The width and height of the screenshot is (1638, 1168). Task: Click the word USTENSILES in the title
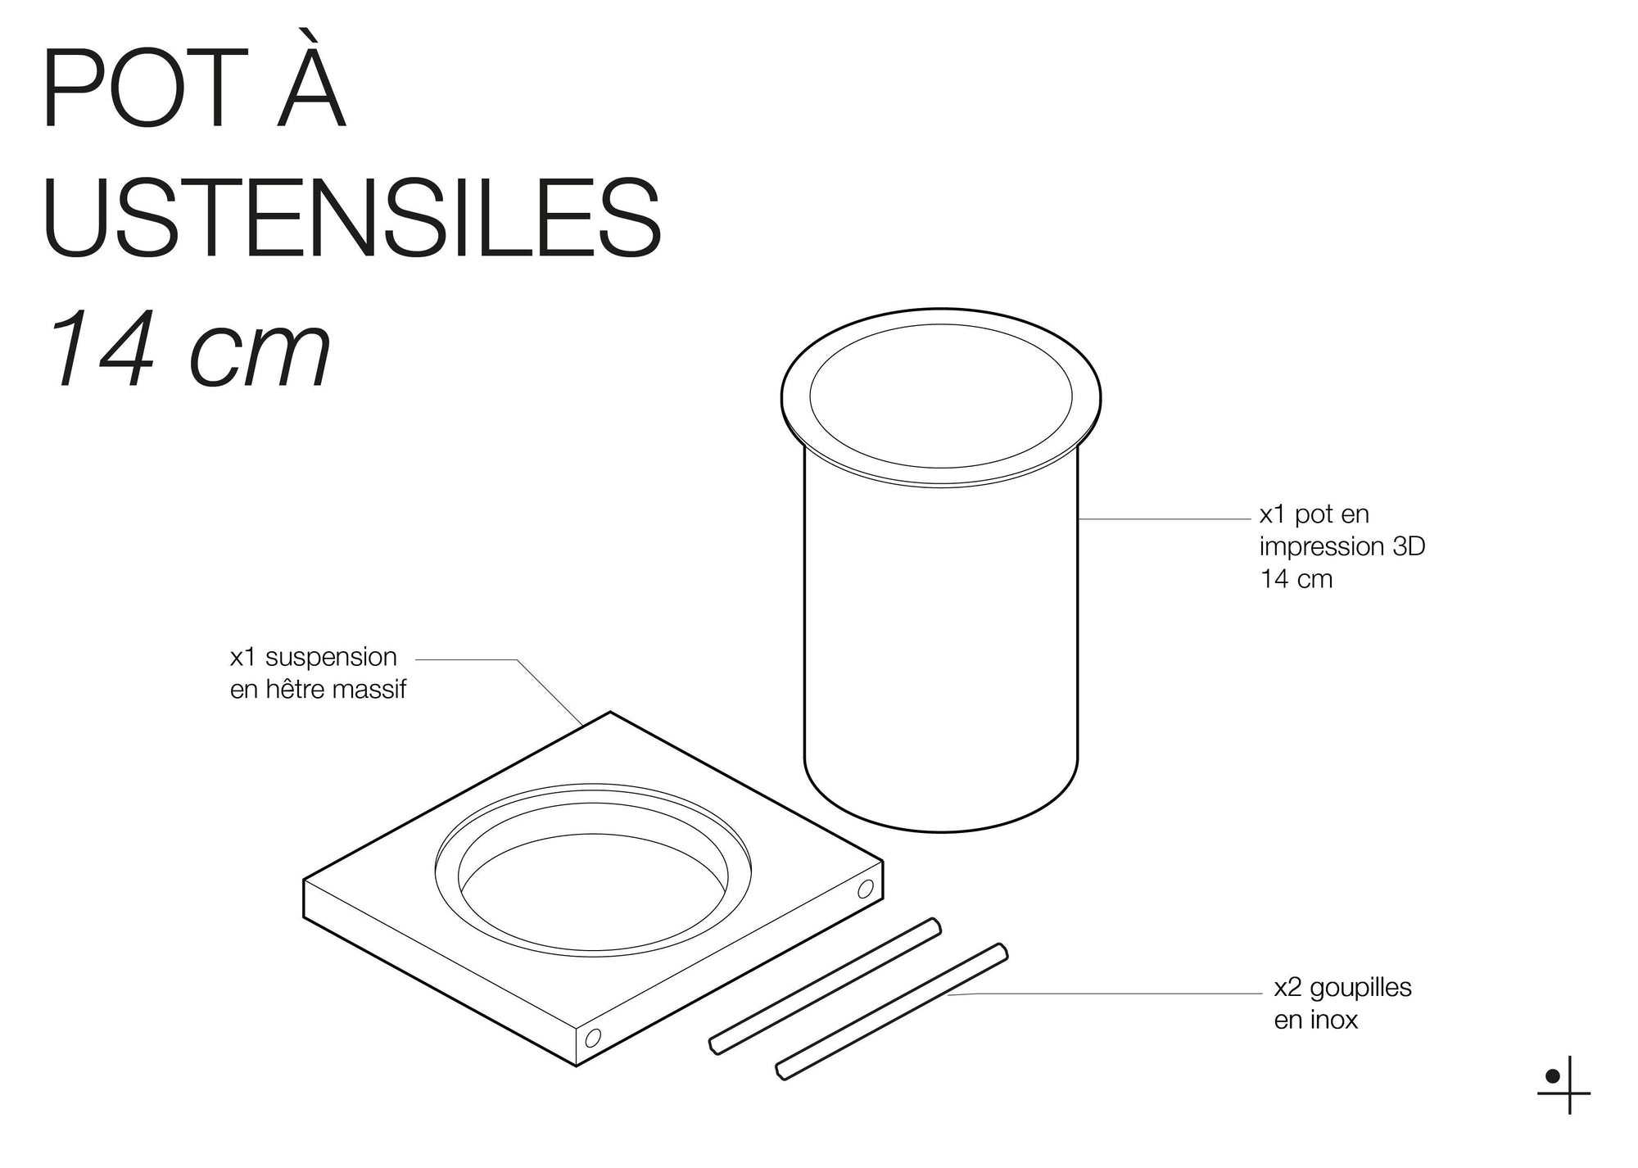click(352, 217)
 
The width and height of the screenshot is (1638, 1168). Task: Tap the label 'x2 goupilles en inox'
click(1342, 1003)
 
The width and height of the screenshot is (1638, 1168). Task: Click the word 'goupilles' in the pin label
click(1360, 988)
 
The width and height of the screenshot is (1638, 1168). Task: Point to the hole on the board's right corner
click(865, 890)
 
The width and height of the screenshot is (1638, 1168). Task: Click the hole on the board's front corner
click(593, 1038)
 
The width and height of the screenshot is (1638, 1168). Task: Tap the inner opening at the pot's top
click(940, 396)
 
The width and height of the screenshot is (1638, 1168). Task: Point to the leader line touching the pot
click(1163, 519)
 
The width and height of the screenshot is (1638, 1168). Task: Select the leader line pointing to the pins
click(1106, 994)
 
